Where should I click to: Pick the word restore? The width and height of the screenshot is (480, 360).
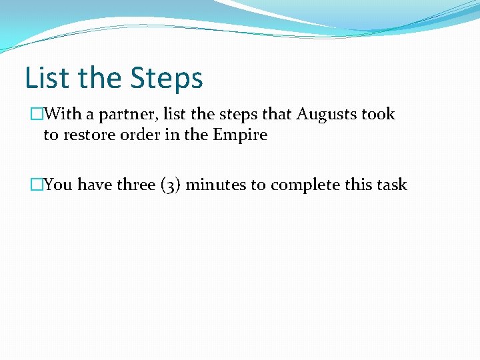87,135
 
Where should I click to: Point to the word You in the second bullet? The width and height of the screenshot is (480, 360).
59,185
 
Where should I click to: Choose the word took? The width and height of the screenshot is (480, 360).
378,115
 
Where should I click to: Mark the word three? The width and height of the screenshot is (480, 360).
137,185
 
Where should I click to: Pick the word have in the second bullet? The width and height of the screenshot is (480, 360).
95,185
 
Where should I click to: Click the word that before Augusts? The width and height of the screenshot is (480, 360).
278,115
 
